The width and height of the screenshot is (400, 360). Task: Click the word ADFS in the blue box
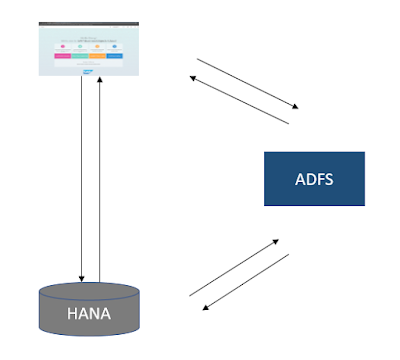[312, 180]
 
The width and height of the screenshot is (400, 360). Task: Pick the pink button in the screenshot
[62, 57]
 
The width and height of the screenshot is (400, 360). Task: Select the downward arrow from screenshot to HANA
[82, 180]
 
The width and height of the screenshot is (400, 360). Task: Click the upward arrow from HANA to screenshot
[100, 180]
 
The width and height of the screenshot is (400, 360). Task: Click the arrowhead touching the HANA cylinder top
[82, 279]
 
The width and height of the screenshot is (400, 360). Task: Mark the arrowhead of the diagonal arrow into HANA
[205, 307]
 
